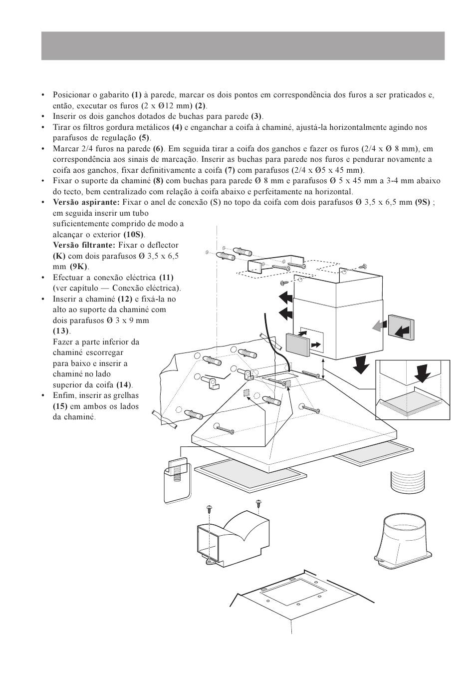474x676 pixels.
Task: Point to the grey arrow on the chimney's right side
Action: [380, 326]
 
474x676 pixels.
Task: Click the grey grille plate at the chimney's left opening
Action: [298, 343]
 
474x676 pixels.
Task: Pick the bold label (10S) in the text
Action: [134, 234]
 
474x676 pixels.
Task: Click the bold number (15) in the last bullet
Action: [60, 406]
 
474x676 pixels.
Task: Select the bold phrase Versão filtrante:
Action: [84, 245]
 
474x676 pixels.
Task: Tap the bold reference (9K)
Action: [79, 267]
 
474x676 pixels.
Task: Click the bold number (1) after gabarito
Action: [136, 95]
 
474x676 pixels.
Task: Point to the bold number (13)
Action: [61, 331]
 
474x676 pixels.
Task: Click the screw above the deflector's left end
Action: [210, 509]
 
